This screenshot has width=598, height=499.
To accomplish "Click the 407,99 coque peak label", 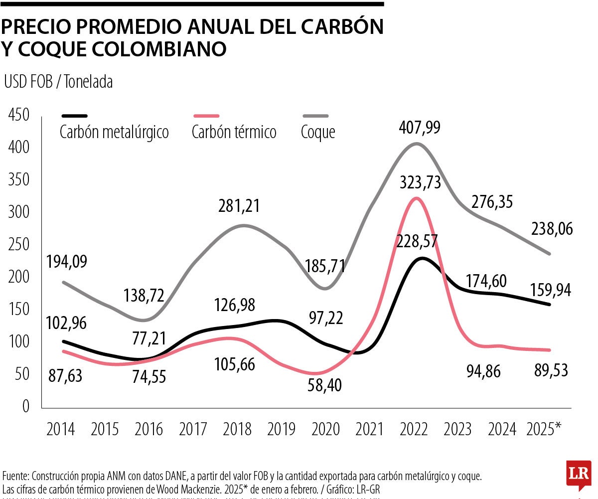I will point(420,128).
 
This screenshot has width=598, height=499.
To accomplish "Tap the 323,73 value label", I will point(420,182).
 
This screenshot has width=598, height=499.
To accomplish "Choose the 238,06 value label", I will point(551,229).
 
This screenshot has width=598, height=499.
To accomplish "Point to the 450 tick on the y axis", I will point(18,115).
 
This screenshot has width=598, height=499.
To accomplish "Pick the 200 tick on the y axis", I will point(18,277).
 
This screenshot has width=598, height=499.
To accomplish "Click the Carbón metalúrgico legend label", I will point(114,133).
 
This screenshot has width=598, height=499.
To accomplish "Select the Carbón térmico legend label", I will point(234,133).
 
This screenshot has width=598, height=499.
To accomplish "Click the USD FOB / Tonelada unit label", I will point(58,82).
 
